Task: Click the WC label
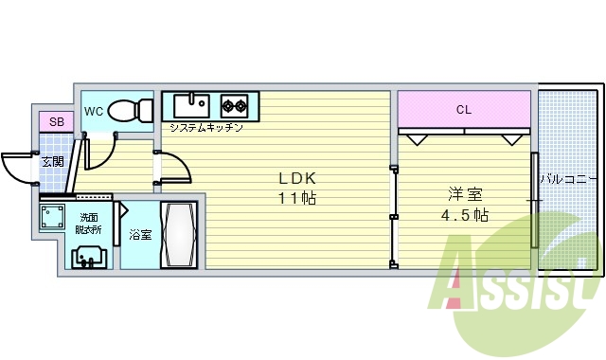(94, 112)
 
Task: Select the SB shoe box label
(56, 122)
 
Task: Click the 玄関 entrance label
(52, 162)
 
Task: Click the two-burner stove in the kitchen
(234, 103)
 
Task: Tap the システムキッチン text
(205, 127)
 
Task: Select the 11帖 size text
(296, 199)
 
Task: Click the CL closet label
(463, 110)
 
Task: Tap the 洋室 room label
(465, 195)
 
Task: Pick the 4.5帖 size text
(465, 215)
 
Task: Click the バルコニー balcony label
(568, 178)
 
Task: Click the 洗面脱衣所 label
(88, 223)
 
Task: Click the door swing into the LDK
(176, 168)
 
